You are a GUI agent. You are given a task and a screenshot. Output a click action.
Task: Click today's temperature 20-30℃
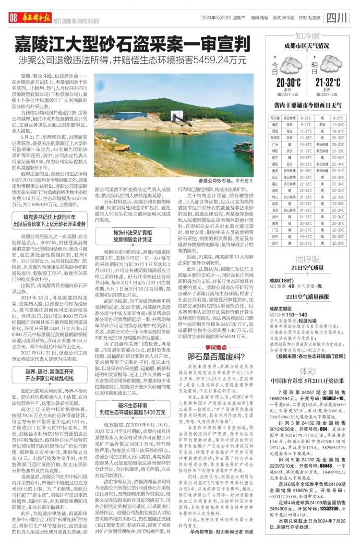pyautogui.click(x=288, y=82)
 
